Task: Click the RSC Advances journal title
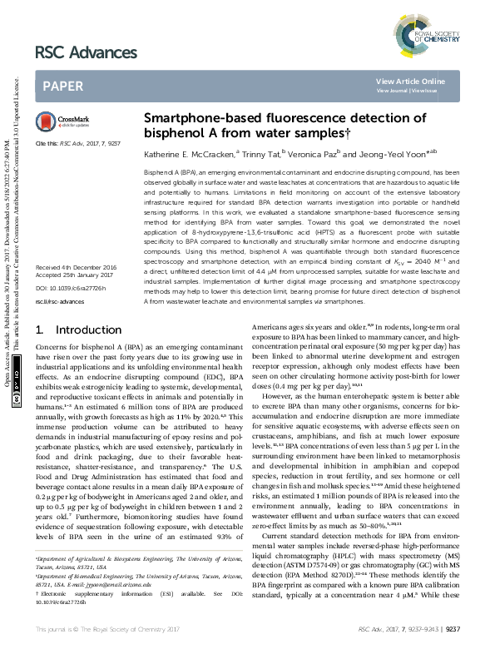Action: (x=86, y=52)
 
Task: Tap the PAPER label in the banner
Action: (x=62, y=86)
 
